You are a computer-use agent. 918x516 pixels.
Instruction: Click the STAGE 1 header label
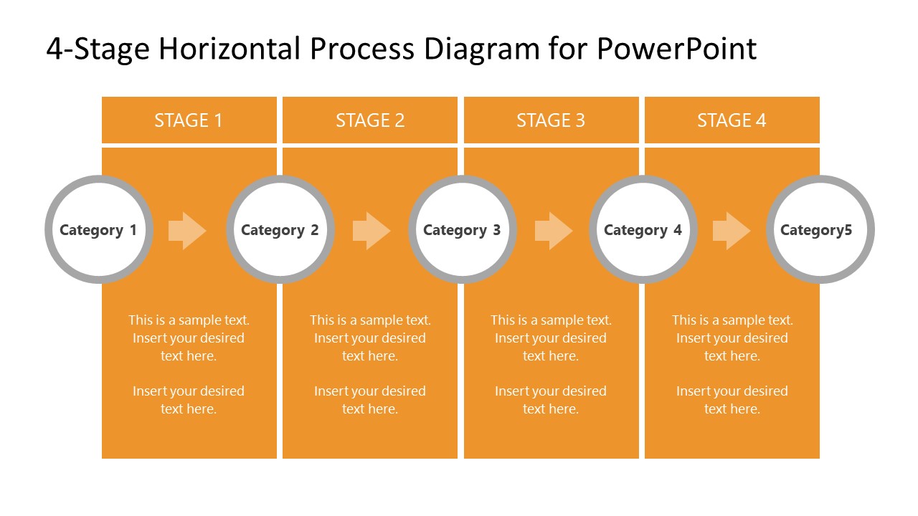point(189,120)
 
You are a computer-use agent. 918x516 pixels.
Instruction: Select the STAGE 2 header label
point(370,120)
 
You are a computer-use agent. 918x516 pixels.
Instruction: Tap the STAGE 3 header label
point(551,120)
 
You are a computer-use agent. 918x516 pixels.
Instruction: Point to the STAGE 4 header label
point(732,120)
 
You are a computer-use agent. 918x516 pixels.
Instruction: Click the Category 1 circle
point(98,229)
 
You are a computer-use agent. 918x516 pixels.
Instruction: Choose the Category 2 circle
point(280,229)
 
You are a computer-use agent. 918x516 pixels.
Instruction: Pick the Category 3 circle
point(462,229)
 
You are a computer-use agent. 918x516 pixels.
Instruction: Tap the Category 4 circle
point(643,229)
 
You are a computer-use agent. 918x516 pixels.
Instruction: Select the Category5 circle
point(820,229)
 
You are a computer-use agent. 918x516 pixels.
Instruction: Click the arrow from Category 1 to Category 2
point(187,231)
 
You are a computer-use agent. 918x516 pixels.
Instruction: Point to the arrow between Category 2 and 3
point(372,231)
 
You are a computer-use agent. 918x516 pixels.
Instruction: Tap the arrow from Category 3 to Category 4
point(554,231)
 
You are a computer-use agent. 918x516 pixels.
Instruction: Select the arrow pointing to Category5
point(732,231)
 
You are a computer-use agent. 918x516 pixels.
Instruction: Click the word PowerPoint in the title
point(676,49)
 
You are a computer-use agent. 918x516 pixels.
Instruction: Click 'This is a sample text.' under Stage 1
point(189,320)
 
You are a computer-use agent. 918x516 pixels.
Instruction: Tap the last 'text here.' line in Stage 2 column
point(370,409)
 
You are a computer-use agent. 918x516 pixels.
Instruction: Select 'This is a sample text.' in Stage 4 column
point(732,320)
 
